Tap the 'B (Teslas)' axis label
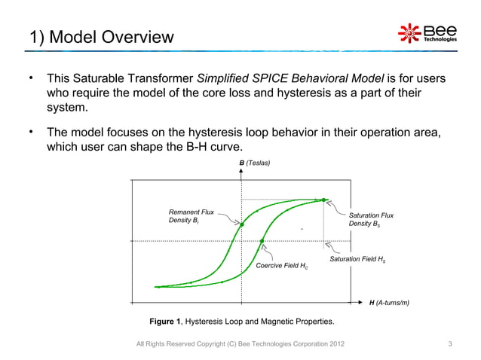[254, 163]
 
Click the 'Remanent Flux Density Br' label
[191, 217]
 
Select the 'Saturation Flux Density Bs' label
[371, 220]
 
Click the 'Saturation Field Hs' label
[358, 260]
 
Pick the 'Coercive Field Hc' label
[282, 267]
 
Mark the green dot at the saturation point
[323, 200]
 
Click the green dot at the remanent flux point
[242, 224]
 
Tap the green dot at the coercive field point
[262, 242]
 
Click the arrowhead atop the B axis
[241, 172]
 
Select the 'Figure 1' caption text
[242, 322]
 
